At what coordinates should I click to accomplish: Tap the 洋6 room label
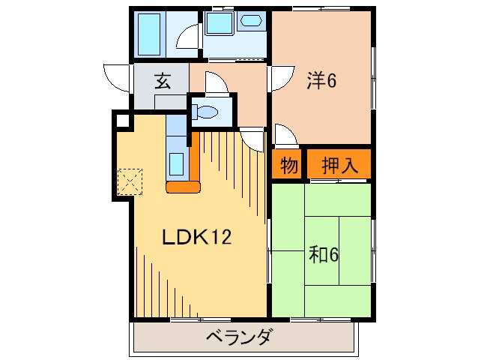(321, 80)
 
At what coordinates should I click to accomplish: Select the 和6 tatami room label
(324, 255)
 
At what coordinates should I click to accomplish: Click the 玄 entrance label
(162, 81)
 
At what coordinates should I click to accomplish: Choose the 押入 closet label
(339, 166)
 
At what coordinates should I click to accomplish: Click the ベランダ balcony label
(239, 337)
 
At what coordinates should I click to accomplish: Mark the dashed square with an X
(130, 181)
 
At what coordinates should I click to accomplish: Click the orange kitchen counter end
(183, 186)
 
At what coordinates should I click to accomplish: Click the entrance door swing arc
(118, 77)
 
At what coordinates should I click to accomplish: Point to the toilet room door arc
(214, 82)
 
